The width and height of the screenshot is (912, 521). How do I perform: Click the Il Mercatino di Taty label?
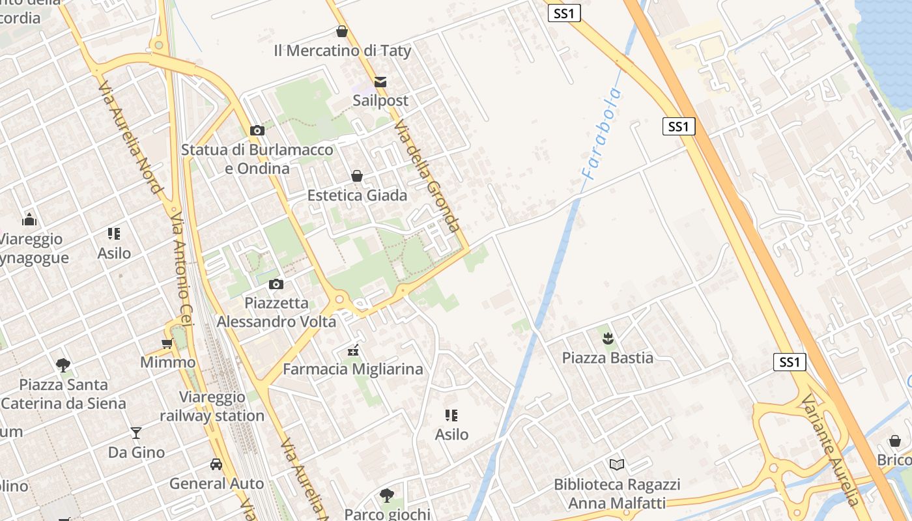coord(342,50)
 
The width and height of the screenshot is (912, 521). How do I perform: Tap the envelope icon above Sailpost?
coord(380,82)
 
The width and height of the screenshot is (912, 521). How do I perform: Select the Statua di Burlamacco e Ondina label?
coord(257,159)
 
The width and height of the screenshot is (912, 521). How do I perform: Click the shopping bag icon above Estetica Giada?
coord(357,176)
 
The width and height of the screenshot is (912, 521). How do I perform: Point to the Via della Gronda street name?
coord(427,176)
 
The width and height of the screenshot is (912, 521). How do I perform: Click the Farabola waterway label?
coord(602,134)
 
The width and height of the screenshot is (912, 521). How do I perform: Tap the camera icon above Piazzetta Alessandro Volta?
coord(276,284)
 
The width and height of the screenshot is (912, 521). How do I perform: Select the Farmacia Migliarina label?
coord(352,369)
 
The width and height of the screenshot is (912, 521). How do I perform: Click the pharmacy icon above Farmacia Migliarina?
coord(353,350)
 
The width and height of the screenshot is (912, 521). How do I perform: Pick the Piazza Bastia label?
coord(607,358)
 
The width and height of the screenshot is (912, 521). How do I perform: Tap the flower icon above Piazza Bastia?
coord(608,338)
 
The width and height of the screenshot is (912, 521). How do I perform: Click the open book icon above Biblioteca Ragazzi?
coord(617,464)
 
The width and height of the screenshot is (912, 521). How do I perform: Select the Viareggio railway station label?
coord(212,406)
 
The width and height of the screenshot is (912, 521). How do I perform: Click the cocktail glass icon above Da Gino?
coord(135,432)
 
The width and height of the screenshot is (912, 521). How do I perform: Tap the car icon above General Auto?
coord(216,464)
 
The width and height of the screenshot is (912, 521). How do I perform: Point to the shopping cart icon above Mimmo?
coord(167,343)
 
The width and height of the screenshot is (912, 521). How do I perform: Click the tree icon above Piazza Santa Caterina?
coord(63,365)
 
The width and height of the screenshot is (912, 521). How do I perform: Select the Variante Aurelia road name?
coord(831,449)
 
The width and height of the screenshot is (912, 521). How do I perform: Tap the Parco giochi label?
coord(387,514)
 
